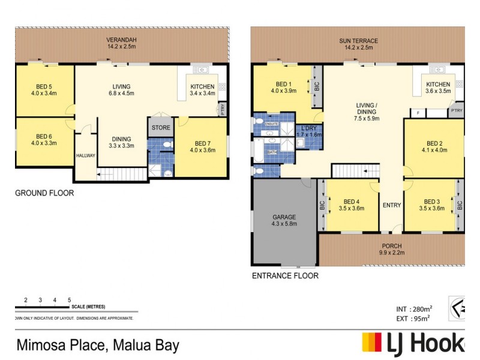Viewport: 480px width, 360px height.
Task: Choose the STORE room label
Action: [x=161, y=128]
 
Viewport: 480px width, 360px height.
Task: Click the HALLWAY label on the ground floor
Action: [x=86, y=155]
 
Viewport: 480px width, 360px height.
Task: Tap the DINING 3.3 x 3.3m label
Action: [x=121, y=142]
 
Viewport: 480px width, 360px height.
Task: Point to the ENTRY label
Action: [x=392, y=206]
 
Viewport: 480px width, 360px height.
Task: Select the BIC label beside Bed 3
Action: [x=460, y=205]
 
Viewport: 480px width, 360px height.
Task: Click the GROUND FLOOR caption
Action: [x=43, y=193]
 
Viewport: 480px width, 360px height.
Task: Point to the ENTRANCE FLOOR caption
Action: [x=284, y=276]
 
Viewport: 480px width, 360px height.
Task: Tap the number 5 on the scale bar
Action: [x=70, y=299]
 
